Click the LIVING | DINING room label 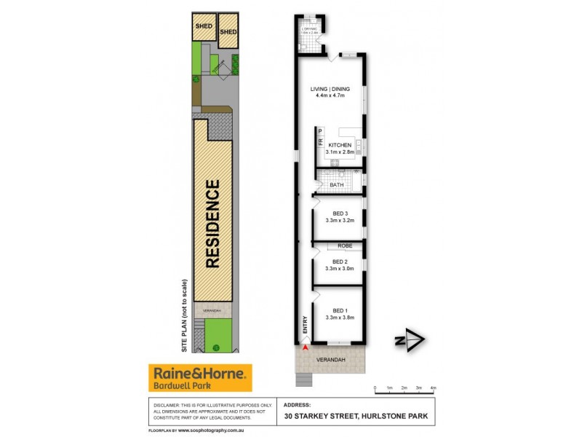(330, 89)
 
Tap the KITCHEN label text (340, 146)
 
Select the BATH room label (337, 185)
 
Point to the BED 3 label (338, 214)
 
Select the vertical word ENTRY (305, 325)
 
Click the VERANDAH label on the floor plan (329, 359)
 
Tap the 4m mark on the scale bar (434, 387)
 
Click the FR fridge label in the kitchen (319, 143)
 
